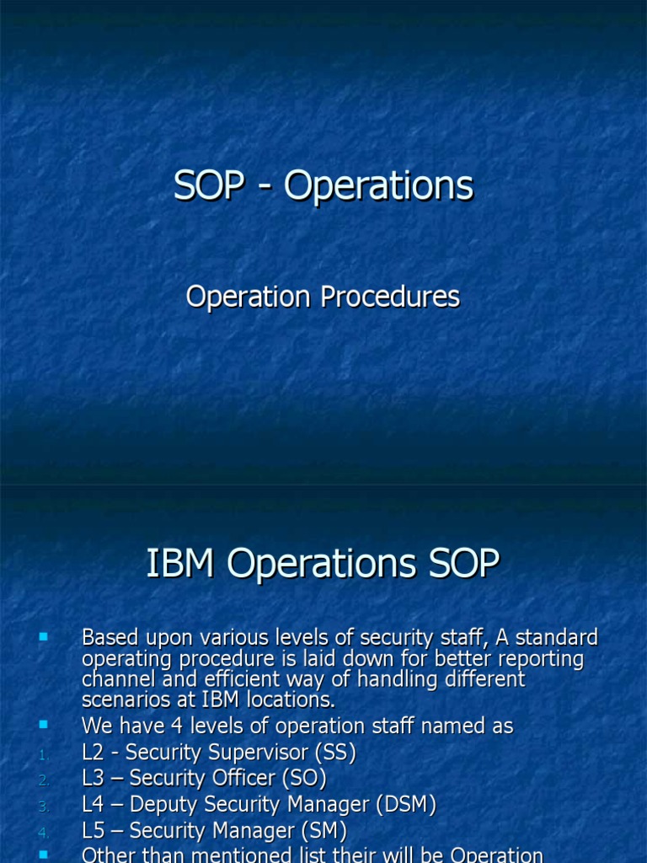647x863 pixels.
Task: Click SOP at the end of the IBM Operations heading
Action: point(464,564)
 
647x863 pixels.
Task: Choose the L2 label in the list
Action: point(95,753)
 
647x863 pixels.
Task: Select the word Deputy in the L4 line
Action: point(168,806)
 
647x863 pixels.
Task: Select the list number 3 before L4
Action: point(44,807)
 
